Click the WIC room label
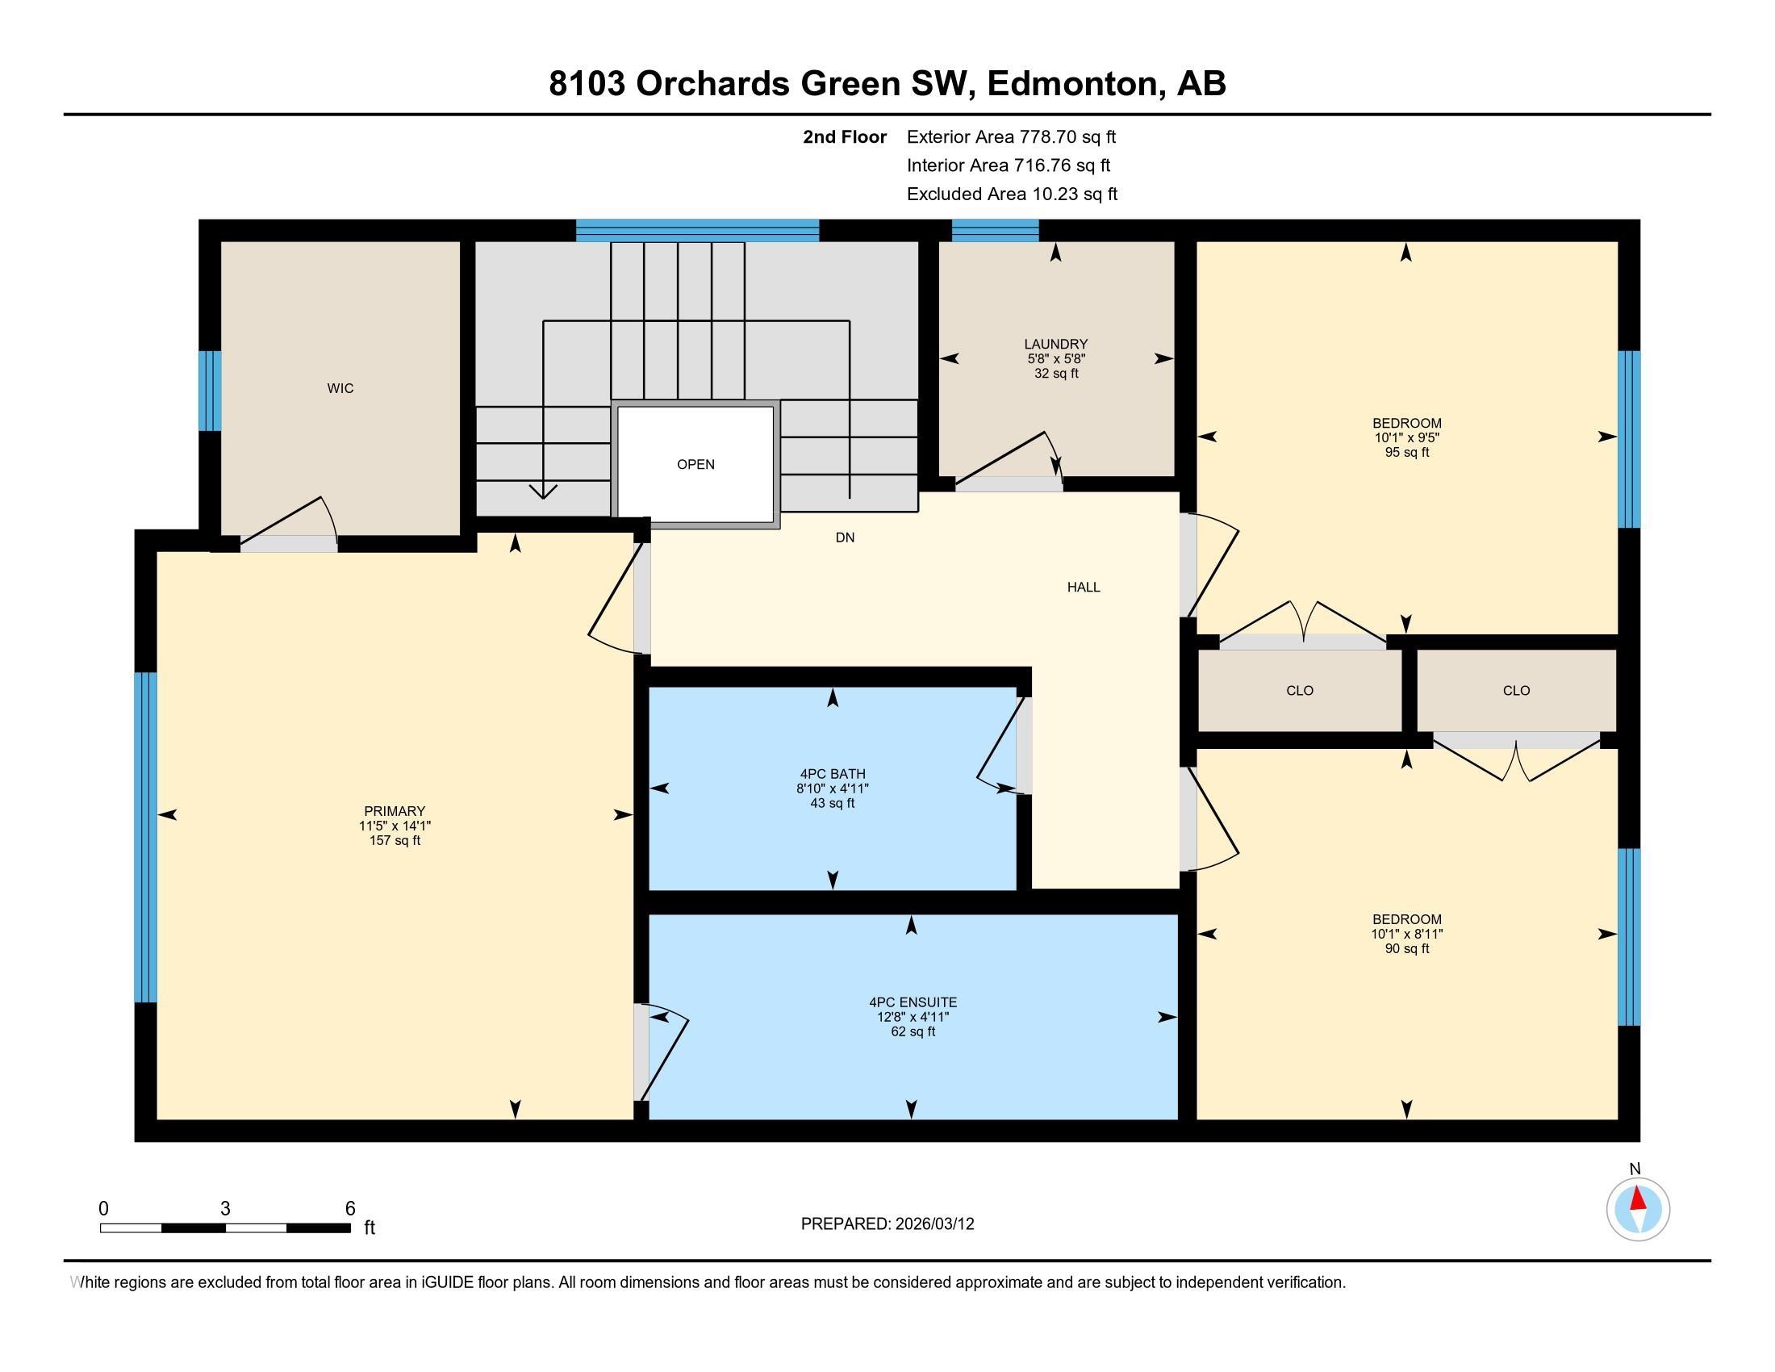[x=340, y=388]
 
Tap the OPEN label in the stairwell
[x=695, y=464]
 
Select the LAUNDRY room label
[x=1056, y=344]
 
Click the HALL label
[x=1084, y=587]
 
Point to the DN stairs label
[x=845, y=538]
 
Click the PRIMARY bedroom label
[x=395, y=810]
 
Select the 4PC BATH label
[x=833, y=774]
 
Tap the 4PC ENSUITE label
[x=913, y=1002]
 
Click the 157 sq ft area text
[x=395, y=840]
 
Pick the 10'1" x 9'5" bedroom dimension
[x=1407, y=437]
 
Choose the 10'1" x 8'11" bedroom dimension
[x=1407, y=934]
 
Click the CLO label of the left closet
[x=1300, y=690]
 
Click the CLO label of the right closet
[x=1516, y=690]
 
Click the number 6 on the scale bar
[x=350, y=1209]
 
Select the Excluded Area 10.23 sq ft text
[x=1012, y=194]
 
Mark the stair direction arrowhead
[x=543, y=491]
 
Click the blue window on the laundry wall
[x=995, y=230]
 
